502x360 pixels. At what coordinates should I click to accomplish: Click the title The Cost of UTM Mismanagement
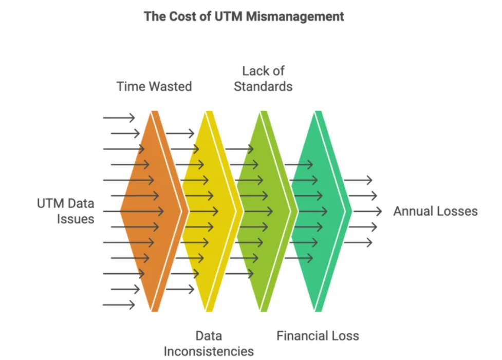tap(244, 16)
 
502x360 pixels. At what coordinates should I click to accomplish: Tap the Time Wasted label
tap(154, 86)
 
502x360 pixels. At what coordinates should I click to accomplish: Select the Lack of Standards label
tap(263, 79)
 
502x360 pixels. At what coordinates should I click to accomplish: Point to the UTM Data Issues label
tap(66, 211)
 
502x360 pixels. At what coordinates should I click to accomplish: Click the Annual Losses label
tap(435, 211)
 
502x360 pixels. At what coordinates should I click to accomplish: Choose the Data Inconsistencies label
tap(209, 344)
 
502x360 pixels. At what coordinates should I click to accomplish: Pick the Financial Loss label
tap(318, 336)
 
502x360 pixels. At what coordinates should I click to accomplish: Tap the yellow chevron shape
tap(210, 211)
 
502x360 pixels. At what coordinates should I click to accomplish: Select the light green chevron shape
tap(264, 211)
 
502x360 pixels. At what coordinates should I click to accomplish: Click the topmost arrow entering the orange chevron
tap(119, 118)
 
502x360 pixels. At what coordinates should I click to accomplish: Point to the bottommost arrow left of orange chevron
tap(119, 305)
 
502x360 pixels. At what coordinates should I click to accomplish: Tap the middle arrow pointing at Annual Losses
tap(367, 211)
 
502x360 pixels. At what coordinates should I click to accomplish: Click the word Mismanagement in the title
tap(295, 16)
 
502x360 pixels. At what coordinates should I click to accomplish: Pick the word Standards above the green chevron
tap(263, 87)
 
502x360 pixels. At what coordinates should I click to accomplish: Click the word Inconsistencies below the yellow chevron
tap(209, 351)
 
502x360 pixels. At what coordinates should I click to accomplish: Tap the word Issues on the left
tap(76, 219)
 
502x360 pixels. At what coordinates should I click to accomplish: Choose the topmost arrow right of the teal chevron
tap(358, 180)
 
